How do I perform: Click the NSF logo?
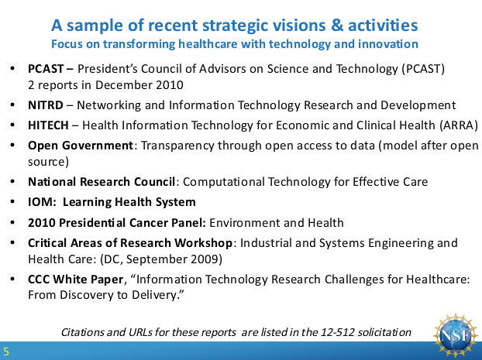point(456,335)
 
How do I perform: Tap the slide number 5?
point(6,351)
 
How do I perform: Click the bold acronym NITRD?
point(46,105)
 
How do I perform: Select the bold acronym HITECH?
point(48,125)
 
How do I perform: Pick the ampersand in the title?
point(337,26)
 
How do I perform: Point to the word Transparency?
point(177,146)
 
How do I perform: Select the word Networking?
point(109,105)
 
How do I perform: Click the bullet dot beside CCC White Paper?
point(12,279)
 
